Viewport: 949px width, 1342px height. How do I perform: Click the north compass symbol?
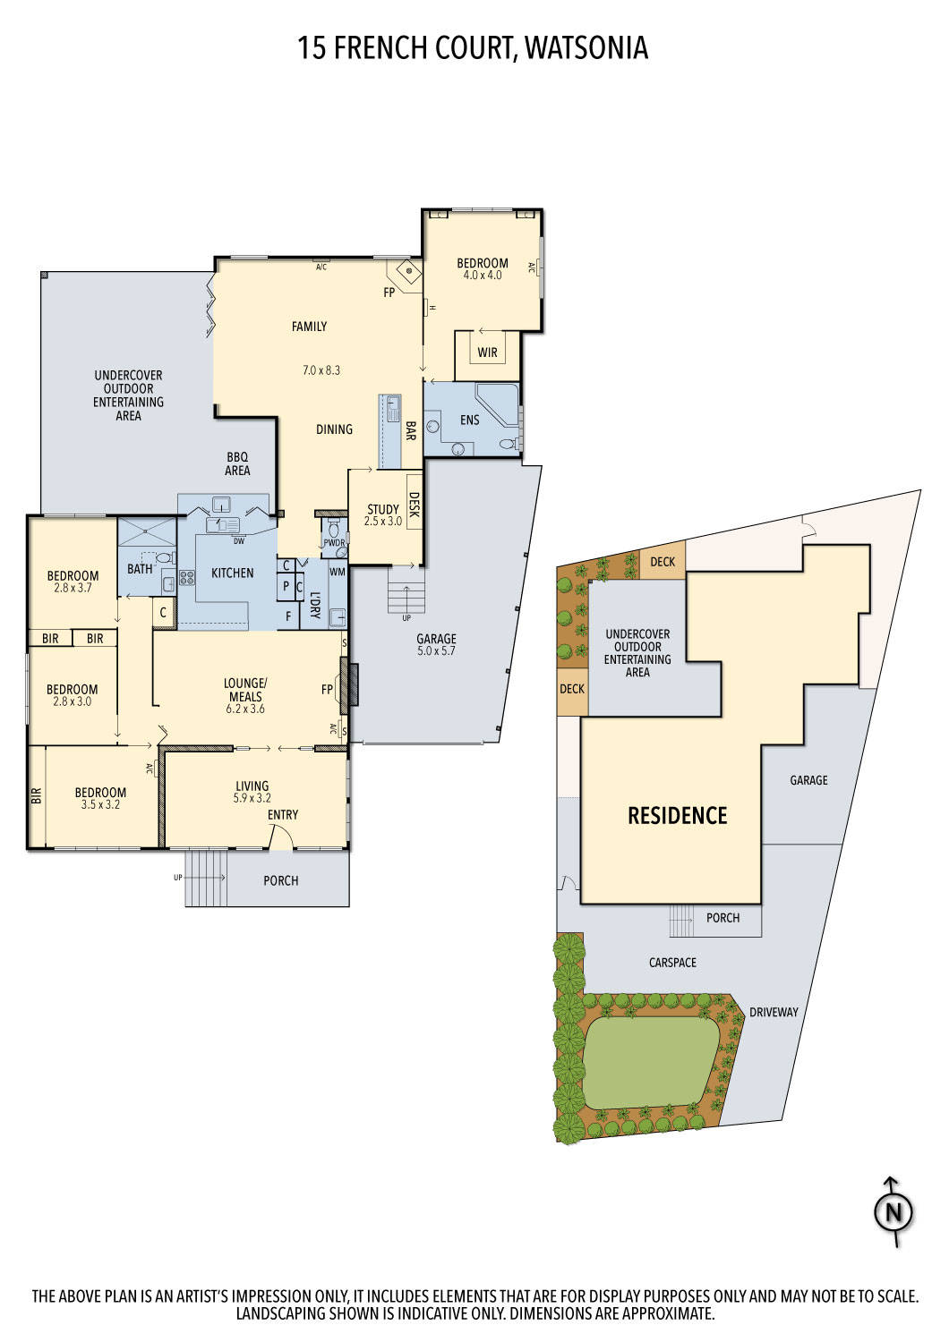(x=893, y=1212)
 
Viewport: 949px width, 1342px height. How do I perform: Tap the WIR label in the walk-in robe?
(x=487, y=352)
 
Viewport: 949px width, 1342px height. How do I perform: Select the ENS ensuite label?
(x=469, y=420)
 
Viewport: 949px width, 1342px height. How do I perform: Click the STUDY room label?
(x=383, y=509)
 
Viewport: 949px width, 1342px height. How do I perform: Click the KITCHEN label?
(x=232, y=573)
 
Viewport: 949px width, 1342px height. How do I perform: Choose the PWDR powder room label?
(x=334, y=542)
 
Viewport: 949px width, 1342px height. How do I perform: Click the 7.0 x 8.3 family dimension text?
(x=321, y=369)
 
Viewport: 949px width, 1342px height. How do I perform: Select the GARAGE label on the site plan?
(x=808, y=780)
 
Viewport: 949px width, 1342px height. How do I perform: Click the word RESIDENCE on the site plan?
(x=677, y=815)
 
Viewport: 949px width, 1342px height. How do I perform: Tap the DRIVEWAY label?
(x=774, y=1012)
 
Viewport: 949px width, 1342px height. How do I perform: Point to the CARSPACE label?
(x=672, y=963)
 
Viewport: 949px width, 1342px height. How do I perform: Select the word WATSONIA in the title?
(x=586, y=47)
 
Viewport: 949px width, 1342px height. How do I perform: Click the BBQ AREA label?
(x=237, y=463)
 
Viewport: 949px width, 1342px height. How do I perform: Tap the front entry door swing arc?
(x=280, y=836)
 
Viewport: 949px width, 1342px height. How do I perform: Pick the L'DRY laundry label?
(x=315, y=606)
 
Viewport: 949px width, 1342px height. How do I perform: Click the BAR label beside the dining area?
(x=410, y=431)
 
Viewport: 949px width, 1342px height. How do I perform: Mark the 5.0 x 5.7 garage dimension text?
(x=436, y=651)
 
